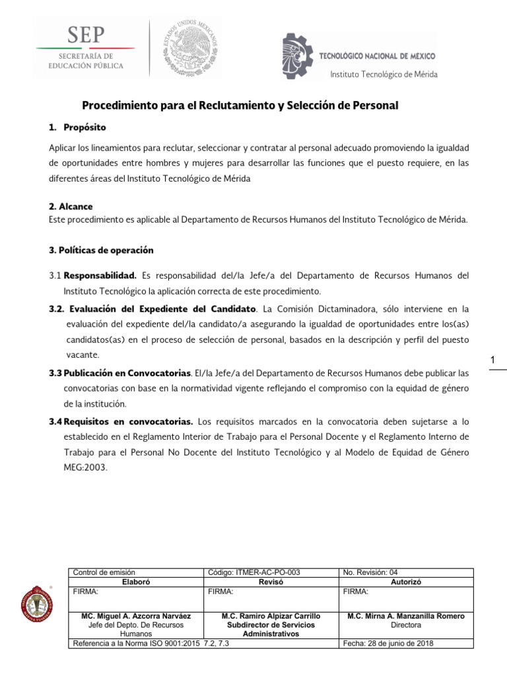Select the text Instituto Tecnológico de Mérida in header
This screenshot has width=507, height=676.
pos(384,74)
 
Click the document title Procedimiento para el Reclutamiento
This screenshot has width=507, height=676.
pos(240,106)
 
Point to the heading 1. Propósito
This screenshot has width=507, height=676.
pos(78,127)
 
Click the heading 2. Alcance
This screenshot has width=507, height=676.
pos(71,206)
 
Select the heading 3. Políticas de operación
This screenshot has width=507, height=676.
pos(101,250)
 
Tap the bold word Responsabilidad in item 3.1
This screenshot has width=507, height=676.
pos(100,275)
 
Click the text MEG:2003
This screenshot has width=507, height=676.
pos(85,467)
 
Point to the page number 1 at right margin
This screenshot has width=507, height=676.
pos(492,360)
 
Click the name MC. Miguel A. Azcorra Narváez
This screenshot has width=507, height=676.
pos(137,616)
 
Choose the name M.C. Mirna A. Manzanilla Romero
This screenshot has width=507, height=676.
pos(405,616)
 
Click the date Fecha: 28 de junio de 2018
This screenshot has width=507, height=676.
pos(388,644)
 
